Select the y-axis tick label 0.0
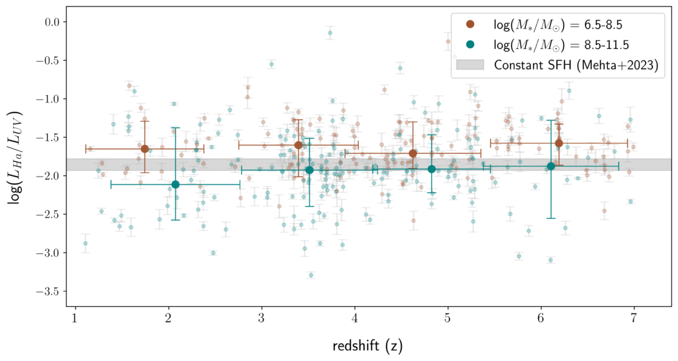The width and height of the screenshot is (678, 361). point(52,22)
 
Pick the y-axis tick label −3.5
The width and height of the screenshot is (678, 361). point(48,291)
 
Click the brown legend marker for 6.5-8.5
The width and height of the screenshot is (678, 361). point(470,26)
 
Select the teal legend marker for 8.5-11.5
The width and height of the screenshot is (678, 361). point(470,45)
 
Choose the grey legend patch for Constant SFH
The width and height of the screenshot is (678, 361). point(470,65)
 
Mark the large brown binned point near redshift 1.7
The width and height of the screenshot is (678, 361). point(144,149)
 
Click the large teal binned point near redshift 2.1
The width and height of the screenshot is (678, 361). point(175,184)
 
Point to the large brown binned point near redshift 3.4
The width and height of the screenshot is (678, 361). point(298,145)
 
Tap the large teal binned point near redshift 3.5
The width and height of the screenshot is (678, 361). point(309,170)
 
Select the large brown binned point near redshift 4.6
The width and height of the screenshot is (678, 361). point(413,153)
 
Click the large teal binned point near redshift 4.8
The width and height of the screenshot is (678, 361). point(432,169)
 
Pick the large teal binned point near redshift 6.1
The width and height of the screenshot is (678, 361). point(551,166)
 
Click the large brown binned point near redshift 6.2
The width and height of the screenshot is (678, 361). point(559,143)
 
